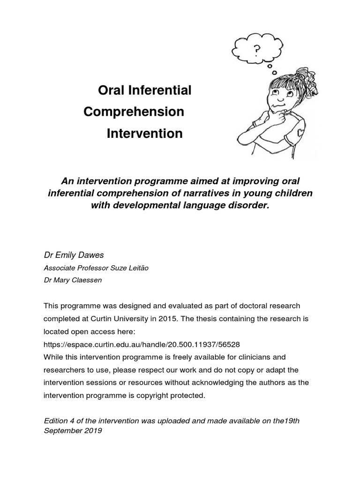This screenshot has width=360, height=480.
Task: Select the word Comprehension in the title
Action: (x=134, y=112)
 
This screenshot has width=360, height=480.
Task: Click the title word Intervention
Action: (x=144, y=134)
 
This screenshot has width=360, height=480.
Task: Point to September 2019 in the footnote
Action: (x=73, y=430)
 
